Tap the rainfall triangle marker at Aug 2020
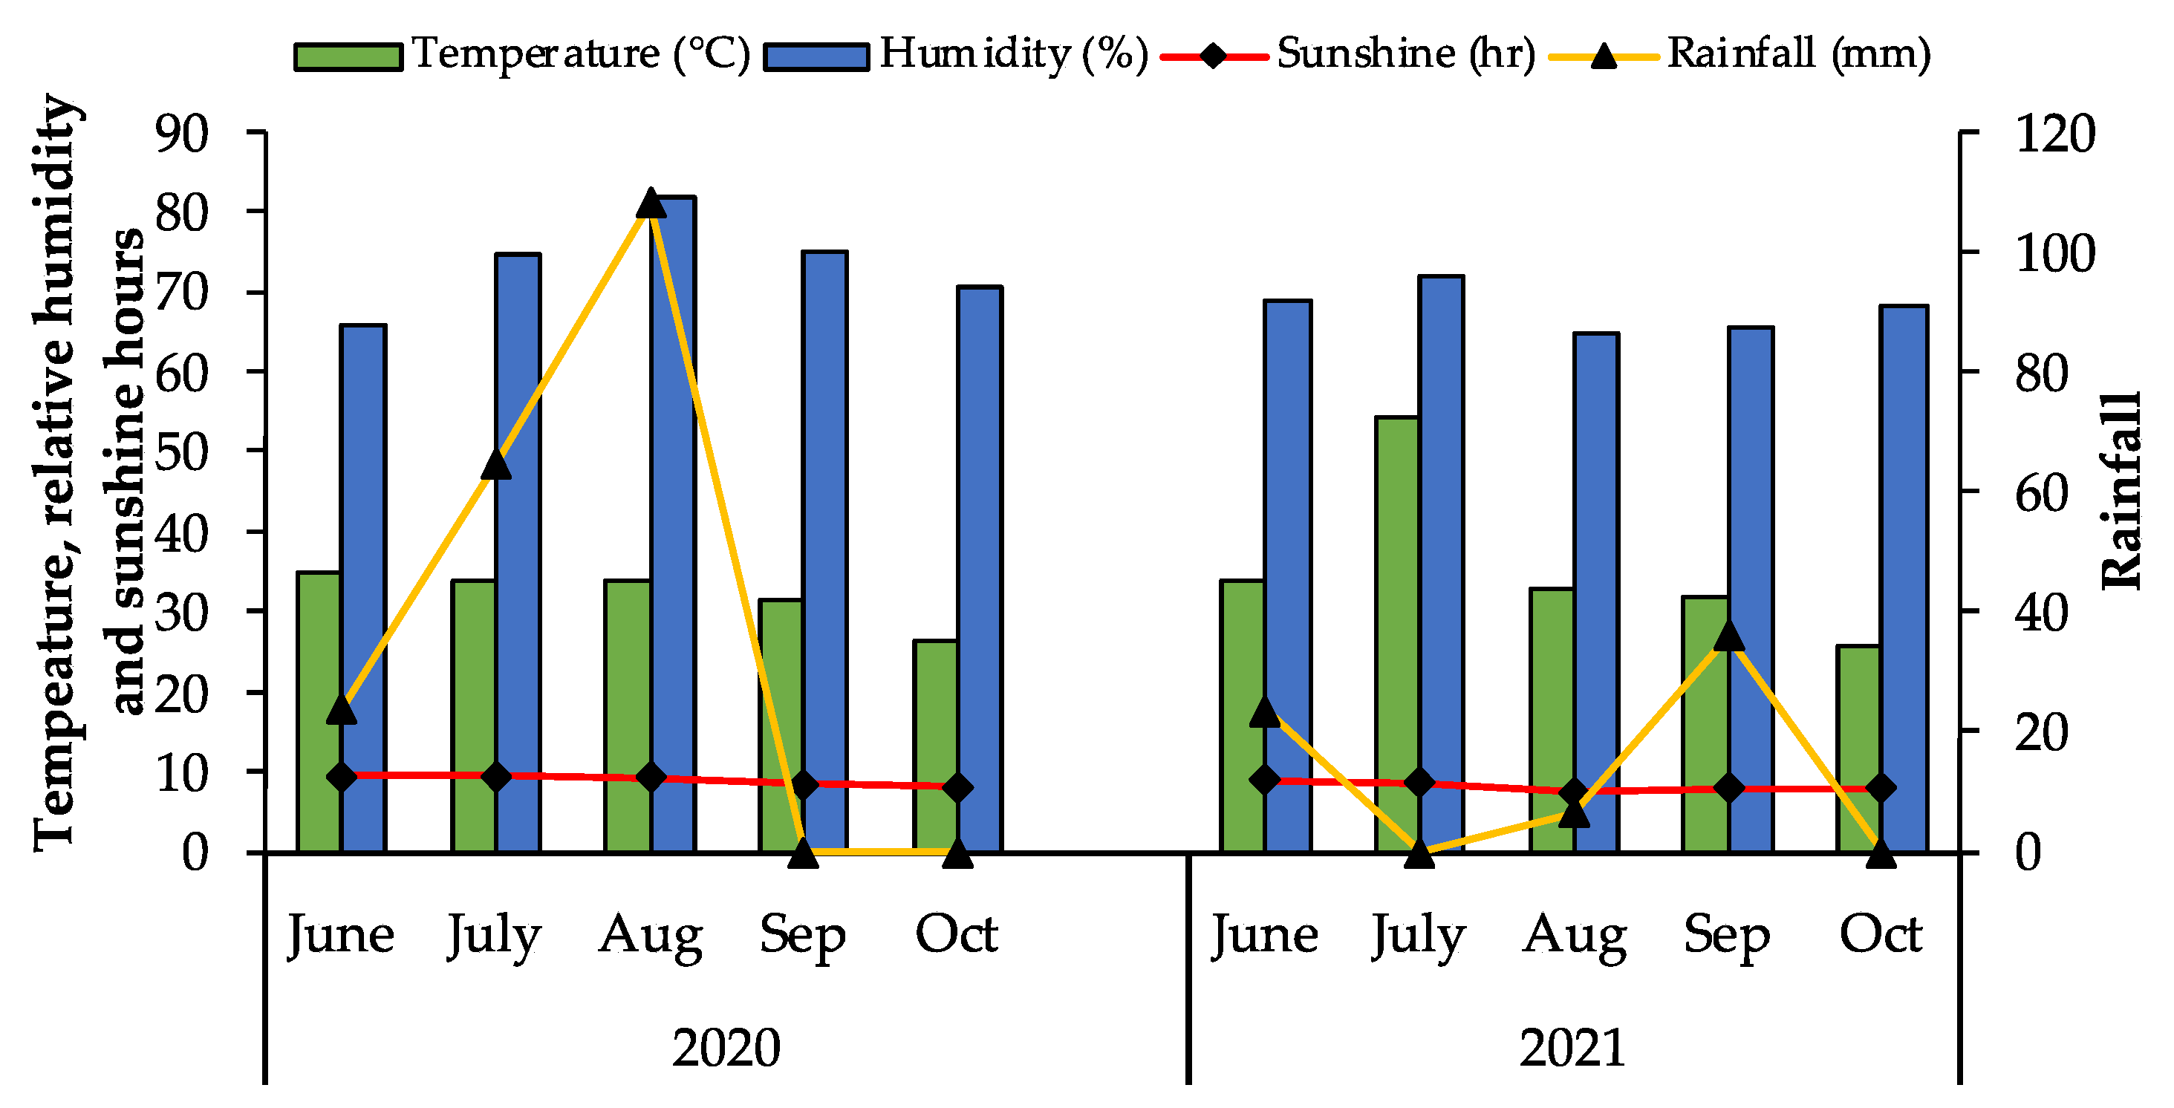coord(650,204)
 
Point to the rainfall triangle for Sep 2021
coord(1729,637)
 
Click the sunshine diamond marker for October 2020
coord(958,788)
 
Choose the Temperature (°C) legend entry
coord(523,54)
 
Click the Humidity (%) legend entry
coord(958,54)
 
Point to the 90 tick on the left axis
coord(181,134)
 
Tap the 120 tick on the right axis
coord(2055,134)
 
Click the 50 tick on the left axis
coord(181,452)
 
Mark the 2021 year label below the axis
coord(1572,1049)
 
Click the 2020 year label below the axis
coord(726,1049)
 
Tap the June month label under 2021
coord(1264,935)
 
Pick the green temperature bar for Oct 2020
coord(935,747)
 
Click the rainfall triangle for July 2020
coord(495,465)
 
